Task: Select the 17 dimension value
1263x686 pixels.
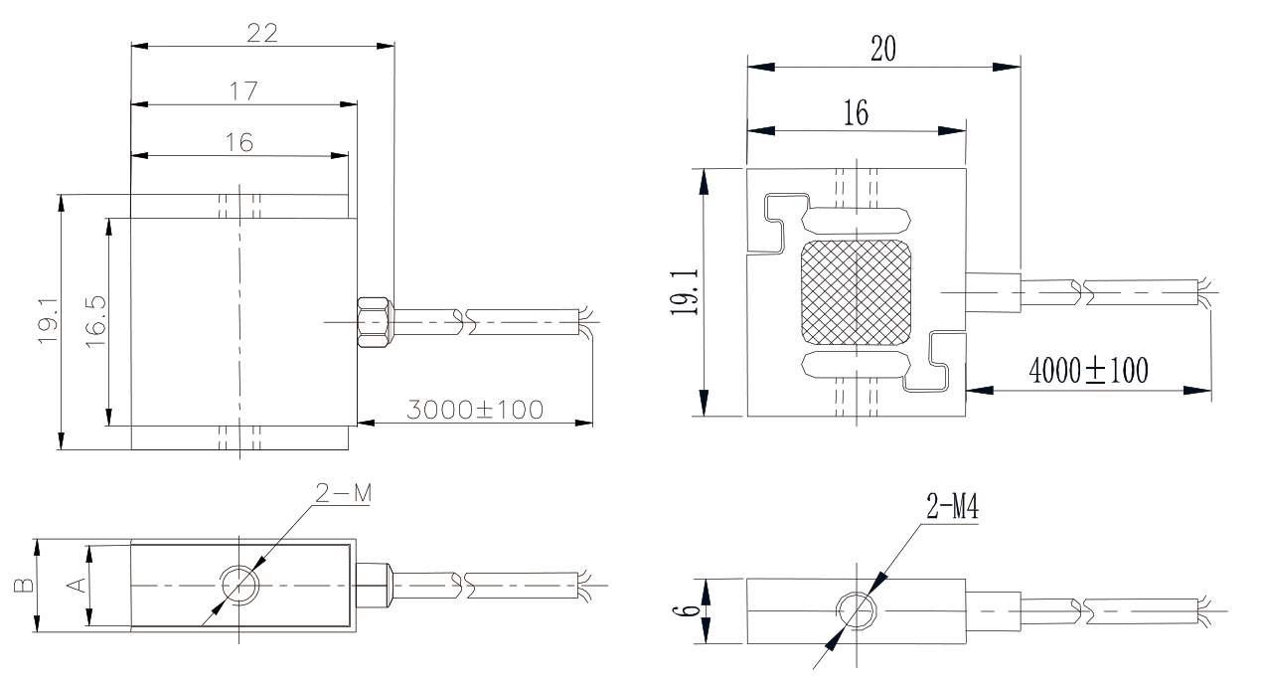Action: [x=243, y=90]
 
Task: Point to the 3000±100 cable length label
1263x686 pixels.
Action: [x=475, y=409]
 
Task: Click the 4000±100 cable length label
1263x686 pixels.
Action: [x=1088, y=372]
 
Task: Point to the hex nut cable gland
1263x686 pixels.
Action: [x=374, y=321]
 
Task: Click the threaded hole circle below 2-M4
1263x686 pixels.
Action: [x=855, y=608]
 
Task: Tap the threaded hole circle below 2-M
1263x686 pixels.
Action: [x=239, y=586]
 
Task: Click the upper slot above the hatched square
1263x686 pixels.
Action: [x=856, y=219]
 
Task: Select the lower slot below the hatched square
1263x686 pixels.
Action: [x=856, y=364]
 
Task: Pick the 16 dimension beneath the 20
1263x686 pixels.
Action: [x=856, y=113]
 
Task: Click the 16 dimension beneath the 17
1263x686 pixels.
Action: [x=238, y=143]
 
